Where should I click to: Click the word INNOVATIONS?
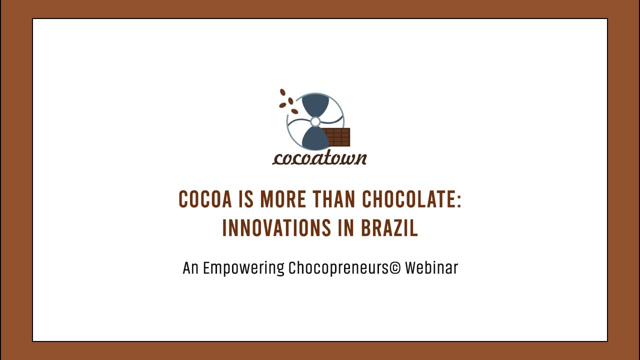tap(276, 228)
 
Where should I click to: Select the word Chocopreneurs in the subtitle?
tap(338, 268)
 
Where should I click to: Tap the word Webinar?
tap(431, 268)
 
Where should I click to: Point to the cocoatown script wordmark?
tap(319, 157)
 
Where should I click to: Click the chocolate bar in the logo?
tap(336, 137)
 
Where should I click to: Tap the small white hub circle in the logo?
tap(315, 121)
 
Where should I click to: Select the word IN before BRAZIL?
tap(345, 228)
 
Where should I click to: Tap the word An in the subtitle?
tap(190, 268)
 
